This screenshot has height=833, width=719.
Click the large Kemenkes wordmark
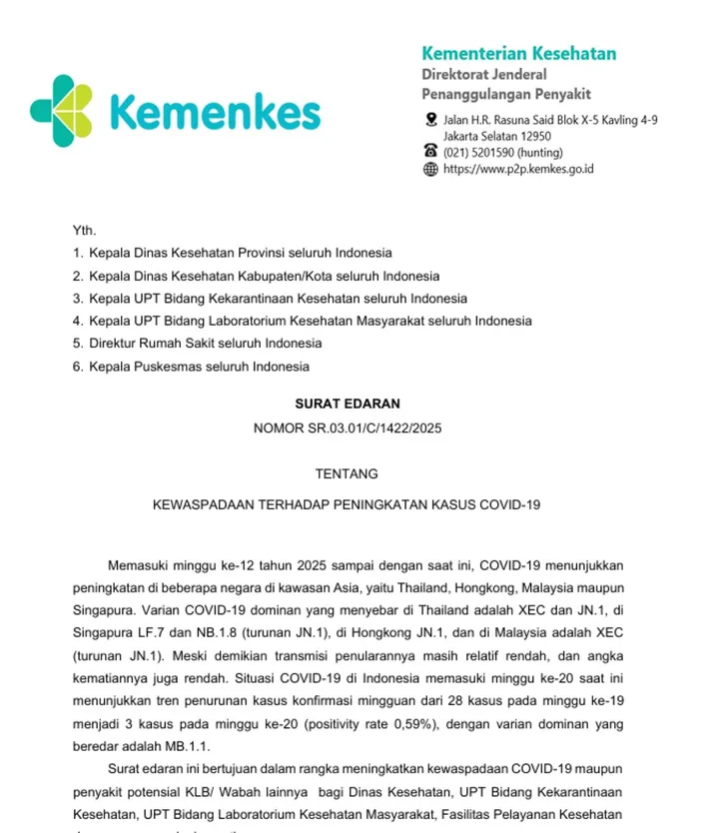click(214, 113)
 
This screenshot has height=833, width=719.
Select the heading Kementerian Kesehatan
click(518, 54)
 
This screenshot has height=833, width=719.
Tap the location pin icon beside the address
click(430, 120)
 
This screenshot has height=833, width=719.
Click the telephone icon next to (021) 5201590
click(430, 152)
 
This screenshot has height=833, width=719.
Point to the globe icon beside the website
click(430, 169)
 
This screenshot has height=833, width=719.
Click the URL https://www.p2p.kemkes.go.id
click(518, 169)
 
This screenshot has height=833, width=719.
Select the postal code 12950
click(531, 136)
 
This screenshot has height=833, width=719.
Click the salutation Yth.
click(84, 230)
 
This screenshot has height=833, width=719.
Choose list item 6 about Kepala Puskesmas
click(191, 367)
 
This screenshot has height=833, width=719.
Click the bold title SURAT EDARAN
click(347, 405)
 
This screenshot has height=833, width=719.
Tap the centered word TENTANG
click(347, 473)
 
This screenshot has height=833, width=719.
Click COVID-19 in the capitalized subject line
click(511, 505)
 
